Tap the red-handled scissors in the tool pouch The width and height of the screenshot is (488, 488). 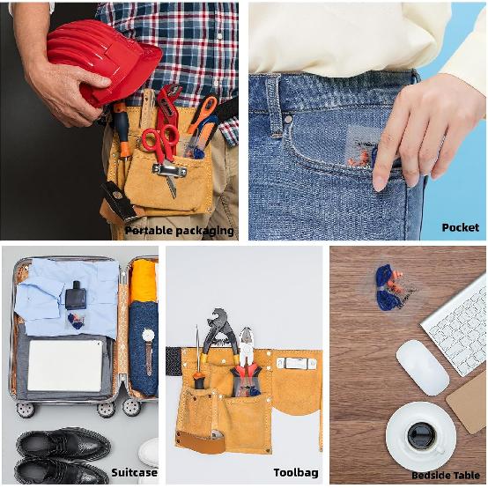point(162,144)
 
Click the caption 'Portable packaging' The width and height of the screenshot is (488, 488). point(180,231)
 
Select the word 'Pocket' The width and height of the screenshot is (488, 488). point(461,227)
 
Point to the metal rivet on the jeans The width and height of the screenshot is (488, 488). point(288,119)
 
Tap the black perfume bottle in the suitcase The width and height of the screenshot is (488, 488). point(76,295)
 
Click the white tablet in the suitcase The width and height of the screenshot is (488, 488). point(65,366)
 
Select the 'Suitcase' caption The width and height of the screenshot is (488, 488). point(134,472)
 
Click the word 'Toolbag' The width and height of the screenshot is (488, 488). point(296,473)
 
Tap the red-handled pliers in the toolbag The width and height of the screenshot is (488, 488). point(247,363)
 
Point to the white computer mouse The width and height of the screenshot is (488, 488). point(422,367)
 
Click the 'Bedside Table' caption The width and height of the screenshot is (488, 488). point(446,476)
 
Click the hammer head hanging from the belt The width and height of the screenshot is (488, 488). point(118,200)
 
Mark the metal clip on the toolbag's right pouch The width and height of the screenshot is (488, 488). point(296,363)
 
